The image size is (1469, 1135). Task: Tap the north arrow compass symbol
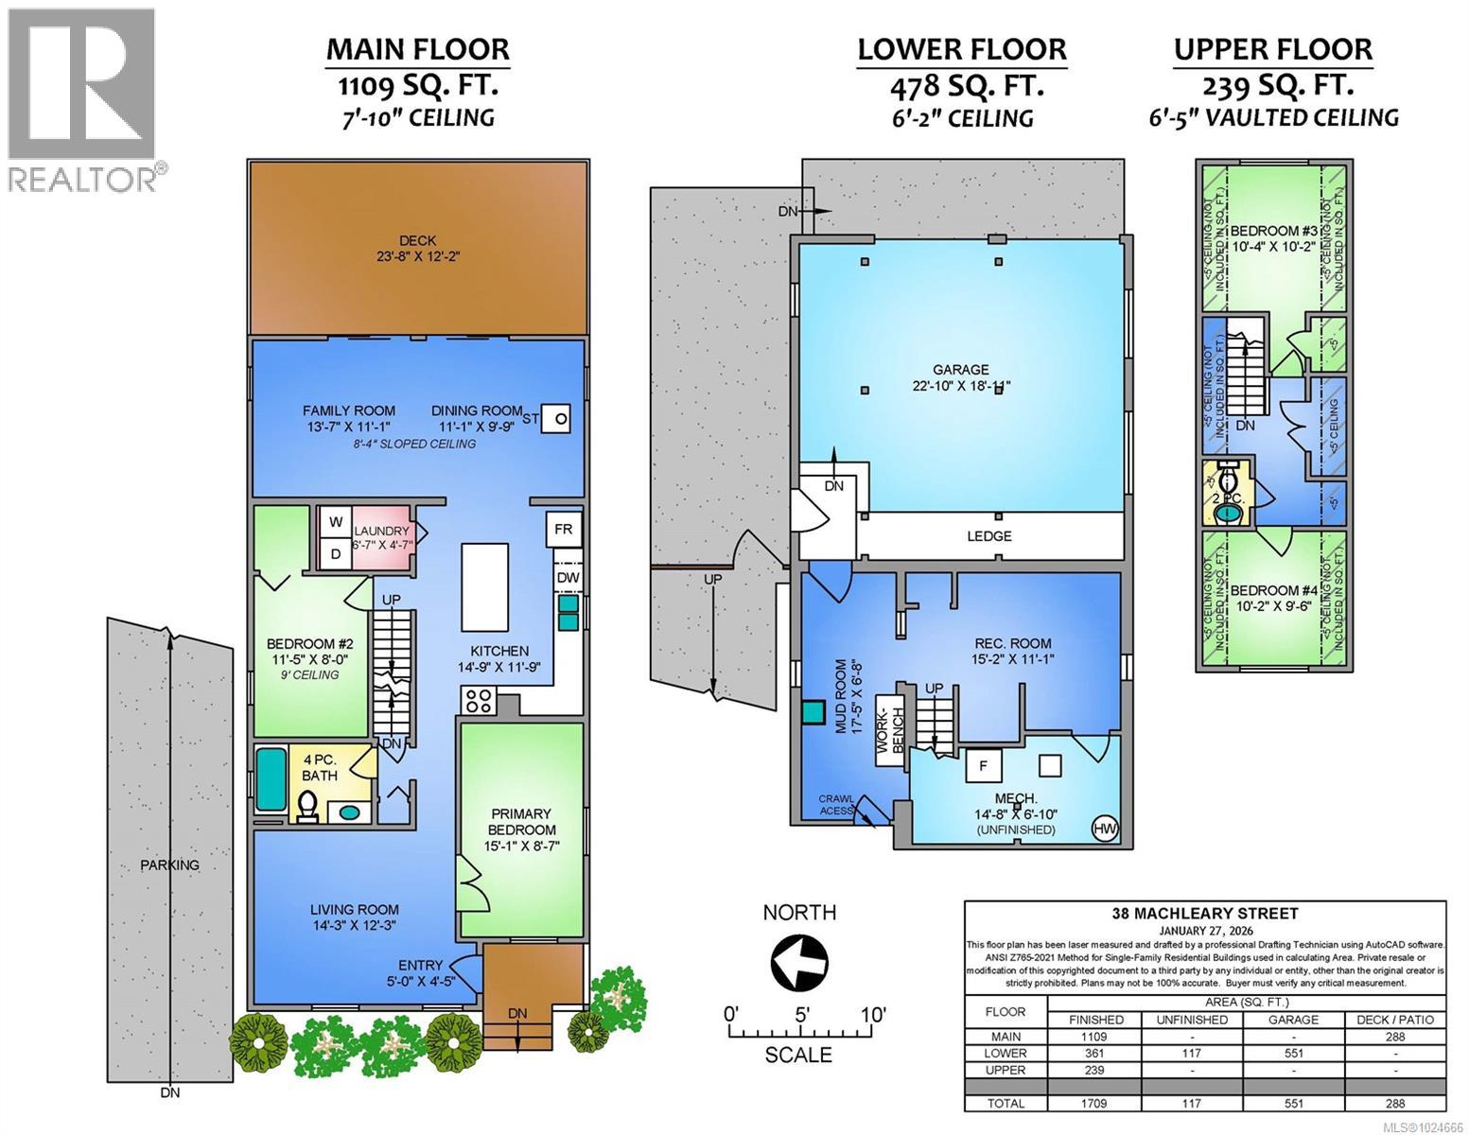pos(799,964)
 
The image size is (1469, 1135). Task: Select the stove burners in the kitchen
pos(478,701)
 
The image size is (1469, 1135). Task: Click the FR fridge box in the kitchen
pos(563,530)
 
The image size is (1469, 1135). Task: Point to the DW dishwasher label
pos(568,578)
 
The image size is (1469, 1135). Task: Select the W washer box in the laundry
pos(335,522)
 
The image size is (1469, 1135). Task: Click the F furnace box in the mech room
pos(983,766)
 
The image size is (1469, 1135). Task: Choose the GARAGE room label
pos(961,370)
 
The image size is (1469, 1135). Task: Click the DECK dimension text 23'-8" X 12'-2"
pos(417,256)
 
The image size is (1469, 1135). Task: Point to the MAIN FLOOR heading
pos(417,49)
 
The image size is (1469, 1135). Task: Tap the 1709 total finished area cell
pos(1095,1103)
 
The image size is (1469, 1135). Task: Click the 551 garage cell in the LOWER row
pos(1292,1053)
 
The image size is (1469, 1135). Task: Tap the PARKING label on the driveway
pos(169,864)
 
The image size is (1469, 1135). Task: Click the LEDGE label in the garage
pos(989,536)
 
